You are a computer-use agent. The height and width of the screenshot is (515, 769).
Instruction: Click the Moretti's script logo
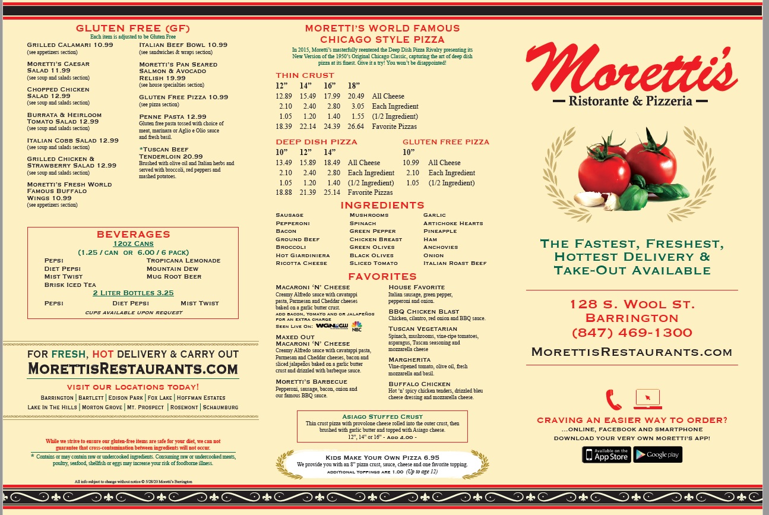(x=631, y=72)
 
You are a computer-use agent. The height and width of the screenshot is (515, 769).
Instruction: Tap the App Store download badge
(x=606, y=454)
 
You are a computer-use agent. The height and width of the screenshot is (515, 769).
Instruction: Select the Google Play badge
(x=657, y=454)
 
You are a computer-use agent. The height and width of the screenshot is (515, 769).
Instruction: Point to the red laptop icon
(x=647, y=399)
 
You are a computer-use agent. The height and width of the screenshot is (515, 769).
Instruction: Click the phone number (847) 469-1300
(x=632, y=333)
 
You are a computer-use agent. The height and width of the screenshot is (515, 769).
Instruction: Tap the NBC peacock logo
(x=356, y=326)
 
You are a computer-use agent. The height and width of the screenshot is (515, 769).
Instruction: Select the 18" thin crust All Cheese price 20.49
(x=356, y=96)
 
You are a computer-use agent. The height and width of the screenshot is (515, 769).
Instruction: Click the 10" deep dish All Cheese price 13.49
(x=284, y=163)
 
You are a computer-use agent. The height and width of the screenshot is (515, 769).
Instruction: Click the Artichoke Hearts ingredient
(x=452, y=223)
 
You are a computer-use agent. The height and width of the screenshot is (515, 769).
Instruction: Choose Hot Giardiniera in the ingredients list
(x=302, y=255)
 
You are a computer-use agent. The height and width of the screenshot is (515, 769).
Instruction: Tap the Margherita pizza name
(x=409, y=360)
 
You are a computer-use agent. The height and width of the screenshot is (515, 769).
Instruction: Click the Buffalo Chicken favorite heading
(x=419, y=384)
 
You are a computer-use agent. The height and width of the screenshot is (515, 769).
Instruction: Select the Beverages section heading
(x=133, y=234)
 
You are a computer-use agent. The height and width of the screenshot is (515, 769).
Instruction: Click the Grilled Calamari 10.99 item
(x=70, y=45)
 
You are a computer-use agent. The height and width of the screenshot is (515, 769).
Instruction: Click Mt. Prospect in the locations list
(x=146, y=407)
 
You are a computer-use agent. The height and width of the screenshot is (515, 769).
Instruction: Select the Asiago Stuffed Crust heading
(x=382, y=416)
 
